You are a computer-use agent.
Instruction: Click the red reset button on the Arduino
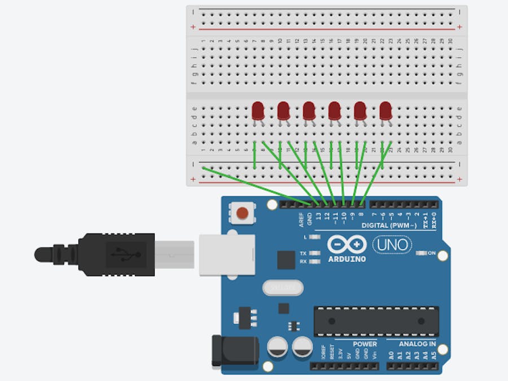242,213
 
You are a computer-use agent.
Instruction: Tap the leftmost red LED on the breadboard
258,110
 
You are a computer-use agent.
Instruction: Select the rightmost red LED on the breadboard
386,110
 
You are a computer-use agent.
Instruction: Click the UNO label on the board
392,245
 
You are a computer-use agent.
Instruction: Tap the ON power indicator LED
420,253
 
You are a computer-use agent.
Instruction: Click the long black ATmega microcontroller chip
376,321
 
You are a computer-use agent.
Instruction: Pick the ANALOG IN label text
417,344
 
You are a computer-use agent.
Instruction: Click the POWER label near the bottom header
365,344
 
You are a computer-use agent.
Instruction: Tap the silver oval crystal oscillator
283,288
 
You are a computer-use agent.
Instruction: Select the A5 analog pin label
433,356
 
